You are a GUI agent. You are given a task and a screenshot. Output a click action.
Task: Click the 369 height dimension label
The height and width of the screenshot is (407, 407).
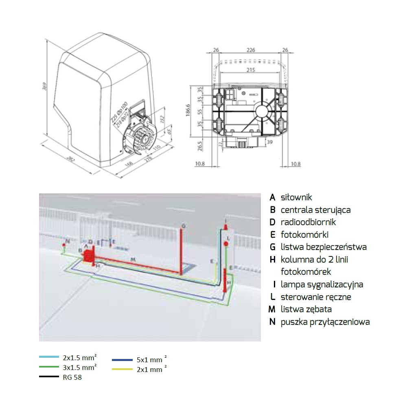point(46,87)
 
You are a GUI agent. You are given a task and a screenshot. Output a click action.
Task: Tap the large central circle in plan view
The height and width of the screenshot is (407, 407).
point(262,110)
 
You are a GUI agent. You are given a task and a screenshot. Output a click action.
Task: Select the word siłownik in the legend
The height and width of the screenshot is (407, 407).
point(296,197)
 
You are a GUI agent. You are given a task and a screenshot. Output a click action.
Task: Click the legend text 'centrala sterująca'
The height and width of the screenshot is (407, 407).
point(315,210)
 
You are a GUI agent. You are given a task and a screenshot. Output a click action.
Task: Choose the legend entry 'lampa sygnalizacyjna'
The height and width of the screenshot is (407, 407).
point(322,284)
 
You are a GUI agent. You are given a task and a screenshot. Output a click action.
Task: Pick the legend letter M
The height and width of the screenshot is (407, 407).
point(272,309)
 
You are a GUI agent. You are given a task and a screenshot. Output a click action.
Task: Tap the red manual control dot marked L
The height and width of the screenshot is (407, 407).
point(226,243)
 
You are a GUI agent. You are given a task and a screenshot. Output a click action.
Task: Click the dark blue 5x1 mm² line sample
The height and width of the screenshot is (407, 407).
point(123,360)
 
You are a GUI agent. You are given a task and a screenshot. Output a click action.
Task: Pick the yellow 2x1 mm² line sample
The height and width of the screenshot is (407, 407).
point(123,369)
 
